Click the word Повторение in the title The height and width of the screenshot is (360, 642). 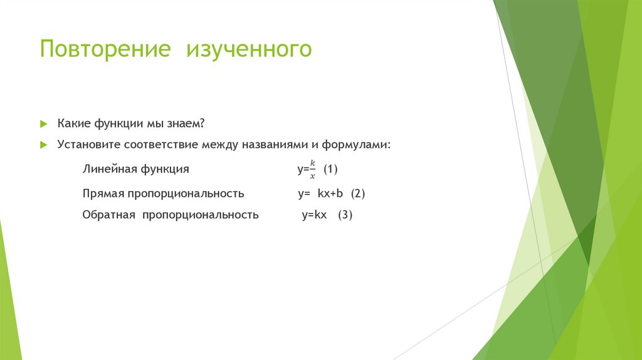[105, 49]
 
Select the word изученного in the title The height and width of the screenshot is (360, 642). [249, 50]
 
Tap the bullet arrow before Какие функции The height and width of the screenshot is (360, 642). [44, 124]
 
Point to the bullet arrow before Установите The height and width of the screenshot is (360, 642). [44, 145]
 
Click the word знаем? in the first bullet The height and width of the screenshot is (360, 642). [186, 124]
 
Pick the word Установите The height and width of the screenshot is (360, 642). [89, 145]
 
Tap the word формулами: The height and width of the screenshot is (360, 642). [356, 145]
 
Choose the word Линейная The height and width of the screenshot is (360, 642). [110, 169]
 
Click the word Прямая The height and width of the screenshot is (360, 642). [103, 194]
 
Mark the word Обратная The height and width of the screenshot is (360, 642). [108, 214]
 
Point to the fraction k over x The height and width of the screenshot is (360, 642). [312, 169]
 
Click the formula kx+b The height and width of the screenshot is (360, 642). [330, 193]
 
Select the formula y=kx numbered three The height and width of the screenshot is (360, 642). [315, 215]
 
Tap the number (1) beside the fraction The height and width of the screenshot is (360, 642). [330, 169]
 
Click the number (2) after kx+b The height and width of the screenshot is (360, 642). [358, 193]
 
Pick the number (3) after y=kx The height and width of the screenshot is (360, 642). [345, 214]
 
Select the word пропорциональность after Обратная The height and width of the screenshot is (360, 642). [201, 215]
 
